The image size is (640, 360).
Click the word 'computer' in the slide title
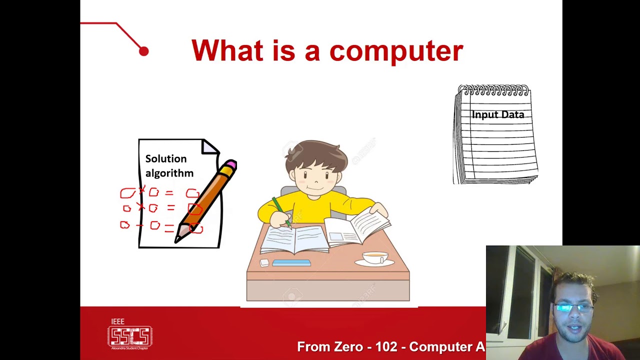tap(396, 51)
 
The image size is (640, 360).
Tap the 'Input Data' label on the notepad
tap(497, 114)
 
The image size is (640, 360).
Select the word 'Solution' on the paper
tap(165, 158)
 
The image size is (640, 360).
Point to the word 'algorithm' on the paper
tap(169, 173)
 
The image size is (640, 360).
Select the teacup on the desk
tap(374, 257)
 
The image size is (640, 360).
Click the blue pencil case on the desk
tap(291, 262)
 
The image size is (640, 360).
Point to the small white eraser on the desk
tap(264, 262)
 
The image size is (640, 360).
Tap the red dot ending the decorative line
tap(143, 51)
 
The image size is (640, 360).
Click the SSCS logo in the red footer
tap(130, 336)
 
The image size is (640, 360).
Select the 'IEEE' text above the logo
tap(117, 321)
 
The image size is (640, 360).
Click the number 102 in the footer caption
tap(386, 346)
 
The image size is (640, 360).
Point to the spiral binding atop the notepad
tap(493, 90)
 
